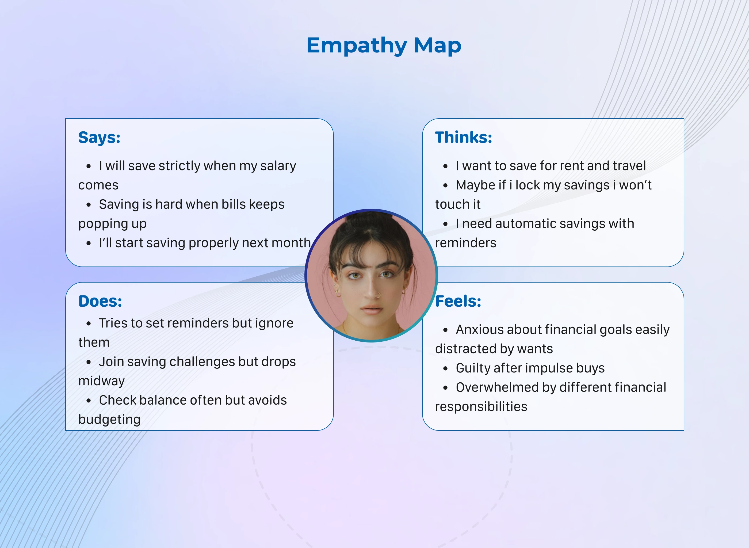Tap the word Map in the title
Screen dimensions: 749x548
tap(438, 45)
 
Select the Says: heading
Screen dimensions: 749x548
tap(99, 138)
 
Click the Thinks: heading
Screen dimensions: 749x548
tap(464, 137)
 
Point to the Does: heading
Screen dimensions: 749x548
tap(100, 301)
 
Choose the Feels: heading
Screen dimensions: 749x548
tap(458, 301)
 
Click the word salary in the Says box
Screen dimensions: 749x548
tap(278, 166)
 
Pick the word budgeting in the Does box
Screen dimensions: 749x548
tap(109, 420)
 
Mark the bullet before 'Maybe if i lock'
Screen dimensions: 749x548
tap(445, 185)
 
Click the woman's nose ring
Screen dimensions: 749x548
tap(378, 295)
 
